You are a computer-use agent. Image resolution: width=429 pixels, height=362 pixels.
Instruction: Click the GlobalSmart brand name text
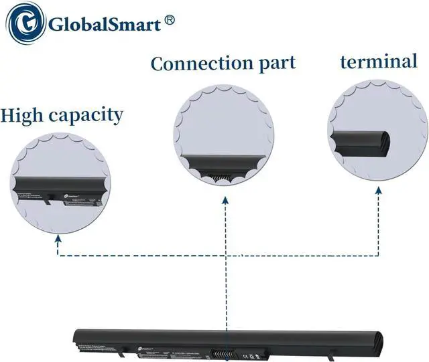103,26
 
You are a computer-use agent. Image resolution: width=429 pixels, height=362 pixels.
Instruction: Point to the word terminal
379,62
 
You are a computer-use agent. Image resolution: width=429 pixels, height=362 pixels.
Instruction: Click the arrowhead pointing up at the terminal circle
378,191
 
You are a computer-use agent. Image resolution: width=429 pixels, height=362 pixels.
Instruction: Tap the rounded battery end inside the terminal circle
382,141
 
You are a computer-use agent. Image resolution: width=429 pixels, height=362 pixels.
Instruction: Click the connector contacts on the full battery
233,349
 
